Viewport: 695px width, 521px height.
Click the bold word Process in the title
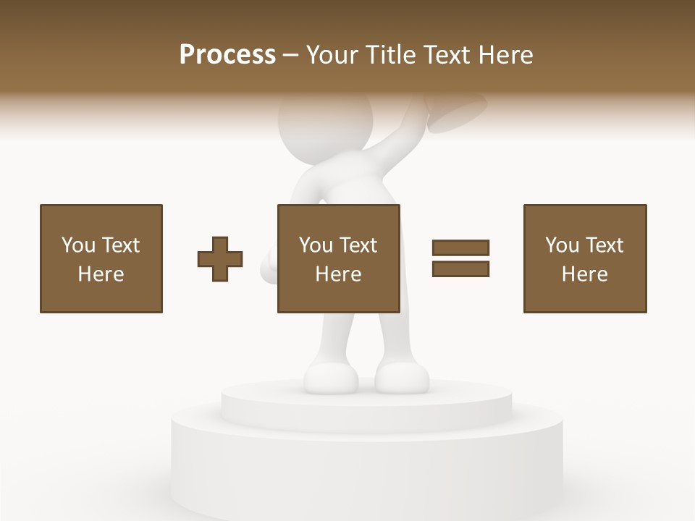point(227,55)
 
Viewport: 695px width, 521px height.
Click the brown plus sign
point(220,258)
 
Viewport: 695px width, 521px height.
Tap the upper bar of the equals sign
point(460,247)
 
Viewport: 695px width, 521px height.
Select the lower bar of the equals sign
point(460,269)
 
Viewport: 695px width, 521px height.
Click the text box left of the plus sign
point(101,258)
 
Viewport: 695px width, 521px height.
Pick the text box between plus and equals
point(339,258)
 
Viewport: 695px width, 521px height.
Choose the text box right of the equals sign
point(585,258)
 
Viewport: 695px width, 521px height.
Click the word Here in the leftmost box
point(101,274)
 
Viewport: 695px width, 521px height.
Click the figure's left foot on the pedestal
point(330,378)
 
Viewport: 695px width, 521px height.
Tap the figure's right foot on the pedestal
point(402,378)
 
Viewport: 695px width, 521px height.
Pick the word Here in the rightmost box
point(585,274)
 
